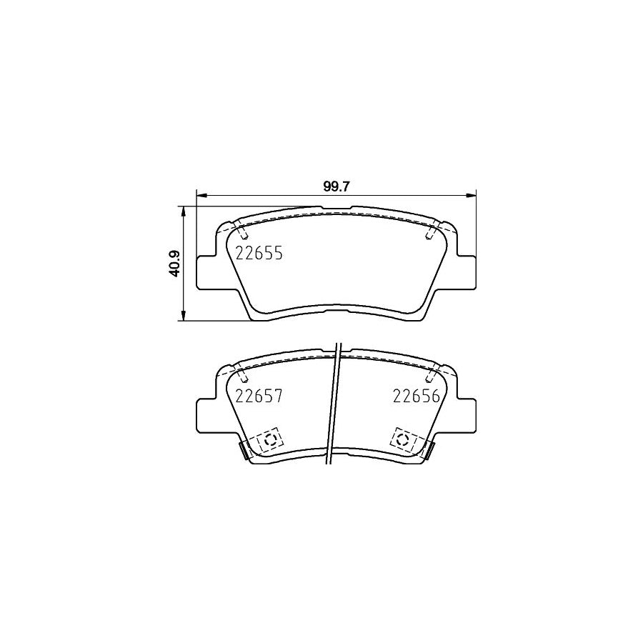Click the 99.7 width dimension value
pyautogui.click(x=336, y=186)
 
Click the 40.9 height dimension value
pyautogui.click(x=176, y=264)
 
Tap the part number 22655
pyautogui.click(x=259, y=254)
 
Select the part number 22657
pyautogui.click(x=259, y=396)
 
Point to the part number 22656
pyautogui.click(x=417, y=396)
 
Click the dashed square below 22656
pyautogui.click(x=404, y=440)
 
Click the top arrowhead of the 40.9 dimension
pyautogui.click(x=184, y=212)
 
